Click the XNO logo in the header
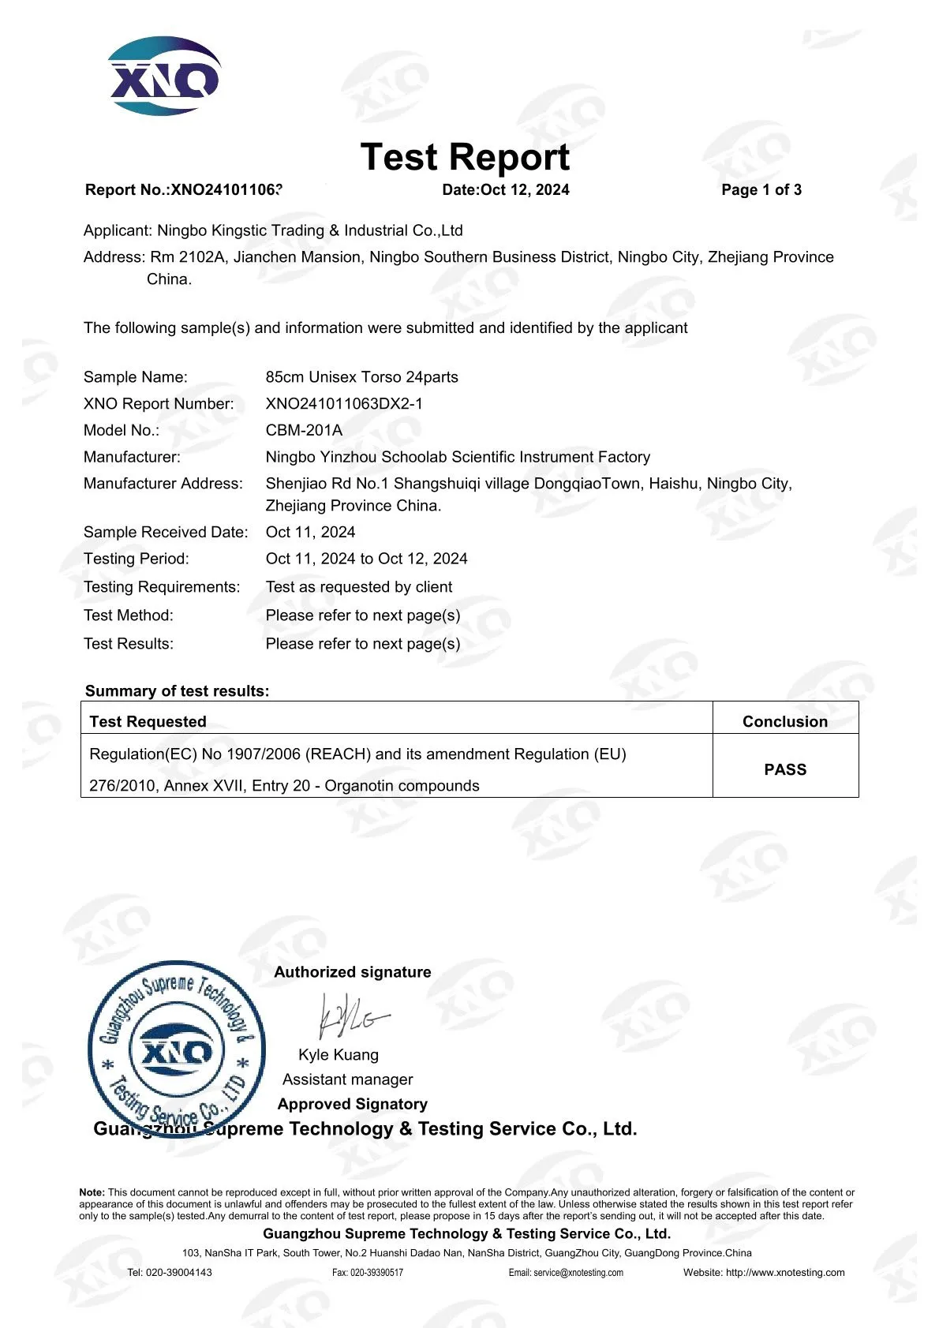[x=164, y=76]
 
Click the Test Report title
[x=465, y=157]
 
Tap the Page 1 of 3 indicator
[x=761, y=190]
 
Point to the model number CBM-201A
[x=304, y=430]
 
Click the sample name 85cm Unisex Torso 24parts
[x=361, y=377]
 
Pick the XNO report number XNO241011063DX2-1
[x=344, y=404]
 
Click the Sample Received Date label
[x=166, y=533]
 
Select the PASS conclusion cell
[x=785, y=769]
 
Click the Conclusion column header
[x=785, y=721]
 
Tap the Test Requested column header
[x=148, y=721]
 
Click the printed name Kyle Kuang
[x=339, y=1055]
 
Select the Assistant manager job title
[x=347, y=1079]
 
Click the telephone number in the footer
[x=179, y=1273]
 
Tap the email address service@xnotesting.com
[x=578, y=1273]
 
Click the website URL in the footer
[x=785, y=1273]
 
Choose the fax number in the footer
[x=376, y=1273]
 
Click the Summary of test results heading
[x=177, y=691]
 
